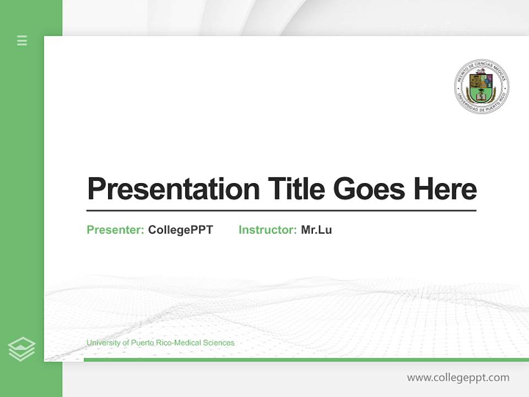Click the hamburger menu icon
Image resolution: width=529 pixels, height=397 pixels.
click(x=22, y=40)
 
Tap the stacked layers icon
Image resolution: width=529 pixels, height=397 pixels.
click(x=21, y=349)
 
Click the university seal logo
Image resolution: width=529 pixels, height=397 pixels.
click(x=482, y=87)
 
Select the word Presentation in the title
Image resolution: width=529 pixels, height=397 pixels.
click(x=173, y=189)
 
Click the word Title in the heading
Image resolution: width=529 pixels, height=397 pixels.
click(x=296, y=189)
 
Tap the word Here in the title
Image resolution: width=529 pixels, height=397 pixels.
click(x=445, y=189)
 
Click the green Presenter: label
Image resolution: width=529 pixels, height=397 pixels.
click(x=116, y=230)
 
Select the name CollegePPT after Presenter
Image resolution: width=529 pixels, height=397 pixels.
click(x=180, y=230)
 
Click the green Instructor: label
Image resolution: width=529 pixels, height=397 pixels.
click(x=268, y=230)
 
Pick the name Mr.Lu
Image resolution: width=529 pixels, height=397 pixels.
click(x=316, y=230)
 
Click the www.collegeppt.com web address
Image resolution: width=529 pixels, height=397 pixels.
click(x=458, y=378)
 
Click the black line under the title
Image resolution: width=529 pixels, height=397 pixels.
click(x=281, y=211)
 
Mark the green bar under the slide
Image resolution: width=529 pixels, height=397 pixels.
click(x=306, y=360)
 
